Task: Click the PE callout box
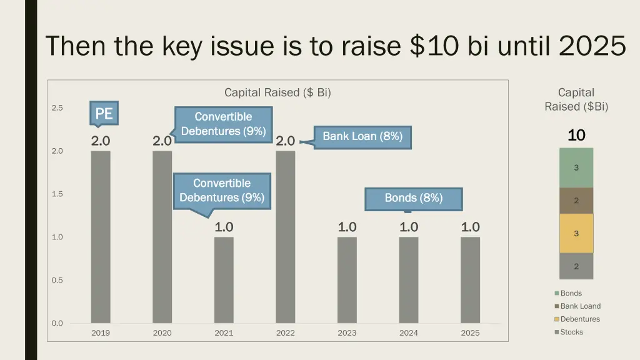point(104,113)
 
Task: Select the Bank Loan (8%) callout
point(362,136)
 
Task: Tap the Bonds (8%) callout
point(414,198)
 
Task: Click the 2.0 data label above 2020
point(162,141)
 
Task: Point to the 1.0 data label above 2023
point(347,227)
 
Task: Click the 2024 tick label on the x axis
point(409,333)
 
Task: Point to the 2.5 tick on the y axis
point(57,108)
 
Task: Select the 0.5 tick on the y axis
point(57,281)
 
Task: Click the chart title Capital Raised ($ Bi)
point(277,92)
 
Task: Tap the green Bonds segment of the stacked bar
point(576,167)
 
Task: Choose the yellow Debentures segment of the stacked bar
point(576,233)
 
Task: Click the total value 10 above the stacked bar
point(576,135)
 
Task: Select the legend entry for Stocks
point(571,332)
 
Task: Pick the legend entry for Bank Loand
point(580,306)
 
